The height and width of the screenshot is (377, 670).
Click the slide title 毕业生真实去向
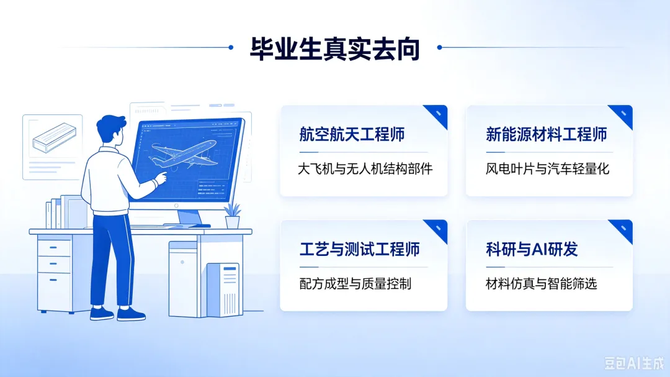pyautogui.click(x=334, y=49)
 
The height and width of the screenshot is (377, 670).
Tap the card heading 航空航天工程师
pyautogui.click(x=352, y=134)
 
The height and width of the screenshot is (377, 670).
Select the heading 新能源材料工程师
pyautogui.click(x=546, y=134)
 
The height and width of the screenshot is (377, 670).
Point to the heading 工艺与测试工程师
pyautogui.click(x=359, y=249)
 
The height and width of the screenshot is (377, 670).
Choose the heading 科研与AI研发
pyautogui.click(x=532, y=249)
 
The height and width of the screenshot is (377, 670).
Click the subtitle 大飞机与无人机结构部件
pyautogui.click(x=365, y=169)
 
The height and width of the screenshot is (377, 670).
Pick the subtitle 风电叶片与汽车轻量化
pyautogui.click(x=547, y=169)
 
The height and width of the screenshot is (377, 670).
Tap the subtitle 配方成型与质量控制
pyautogui.click(x=355, y=284)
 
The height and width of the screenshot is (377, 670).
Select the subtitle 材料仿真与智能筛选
pyautogui.click(x=541, y=284)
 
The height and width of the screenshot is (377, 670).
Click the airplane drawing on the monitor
pyautogui.click(x=184, y=154)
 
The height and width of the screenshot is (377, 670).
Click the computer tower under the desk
pyautogui.click(x=223, y=289)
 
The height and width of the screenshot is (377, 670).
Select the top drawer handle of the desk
pyautogui.click(x=53, y=247)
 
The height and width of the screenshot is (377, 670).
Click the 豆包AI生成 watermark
pyautogui.click(x=634, y=363)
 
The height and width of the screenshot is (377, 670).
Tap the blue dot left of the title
pyautogui.click(x=231, y=47)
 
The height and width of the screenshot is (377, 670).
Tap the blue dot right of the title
pyautogui.click(x=440, y=47)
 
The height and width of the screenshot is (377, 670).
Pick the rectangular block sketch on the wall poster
pyautogui.click(x=54, y=137)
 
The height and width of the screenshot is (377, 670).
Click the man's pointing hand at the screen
pyautogui.click(x=161, y=177)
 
